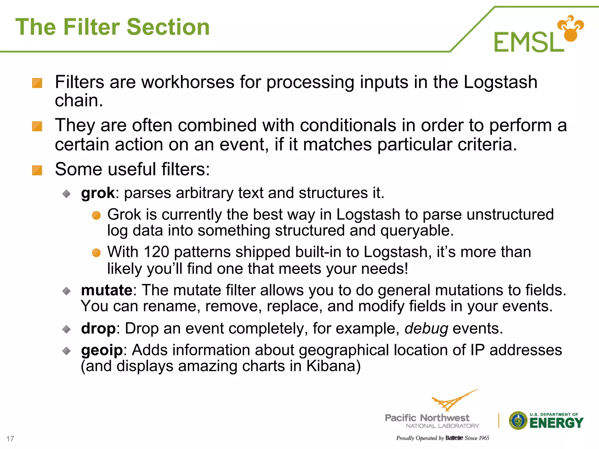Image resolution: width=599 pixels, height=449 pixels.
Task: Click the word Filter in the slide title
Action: (x=92, y=27)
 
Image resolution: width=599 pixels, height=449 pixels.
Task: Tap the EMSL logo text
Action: (x=529, y=42)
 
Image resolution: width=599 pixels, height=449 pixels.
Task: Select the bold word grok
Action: (x=98, y=193)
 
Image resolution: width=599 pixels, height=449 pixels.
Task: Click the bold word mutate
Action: (x=107, y=290)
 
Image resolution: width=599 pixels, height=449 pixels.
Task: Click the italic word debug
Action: (x=426, y=329)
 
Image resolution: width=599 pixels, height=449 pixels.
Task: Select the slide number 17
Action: (x=10, y=439)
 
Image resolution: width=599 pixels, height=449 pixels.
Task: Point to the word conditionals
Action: (x=348, y=125)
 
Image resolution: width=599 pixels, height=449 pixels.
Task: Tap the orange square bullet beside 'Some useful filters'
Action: (x=37, y=170)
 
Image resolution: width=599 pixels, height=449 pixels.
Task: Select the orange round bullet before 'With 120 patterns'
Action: (x=96, y=253)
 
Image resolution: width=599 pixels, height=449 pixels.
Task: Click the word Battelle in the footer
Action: (x=454, y=438)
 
